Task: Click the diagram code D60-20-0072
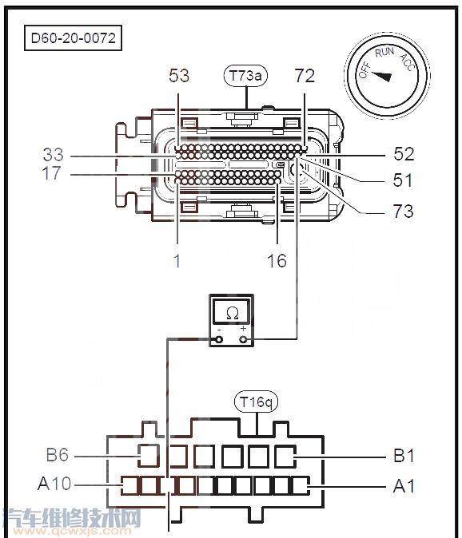click(74, 38)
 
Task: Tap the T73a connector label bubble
click(245, 76)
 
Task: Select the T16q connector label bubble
click(256, 402)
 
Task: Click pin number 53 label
click(179, 76)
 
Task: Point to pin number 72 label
click(305, 76)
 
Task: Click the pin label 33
click(54, 154)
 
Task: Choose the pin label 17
click(51, 173)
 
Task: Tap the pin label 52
click(404, 154)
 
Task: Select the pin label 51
click(403, 180)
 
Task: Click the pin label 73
click(404, 211)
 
